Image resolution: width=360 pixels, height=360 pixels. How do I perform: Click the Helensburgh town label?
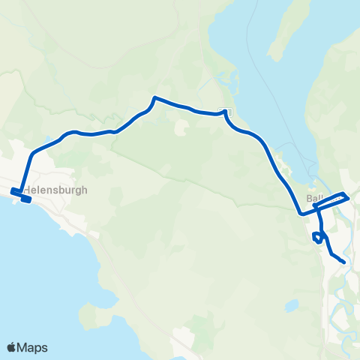coord(55,190)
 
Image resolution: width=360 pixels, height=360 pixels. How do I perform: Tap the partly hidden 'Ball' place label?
coord(313,199)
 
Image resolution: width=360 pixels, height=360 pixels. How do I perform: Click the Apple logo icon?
coord(12,347)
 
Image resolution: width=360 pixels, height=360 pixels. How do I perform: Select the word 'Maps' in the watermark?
coord(33,347)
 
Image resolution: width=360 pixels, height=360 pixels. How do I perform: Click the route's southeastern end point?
coord(343,262)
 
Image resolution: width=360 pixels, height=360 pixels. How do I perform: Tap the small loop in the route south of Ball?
coord(318,238)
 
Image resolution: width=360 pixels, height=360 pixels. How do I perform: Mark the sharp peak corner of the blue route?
coord(154,97)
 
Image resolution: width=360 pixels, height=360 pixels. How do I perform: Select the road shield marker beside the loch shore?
coord(223,112)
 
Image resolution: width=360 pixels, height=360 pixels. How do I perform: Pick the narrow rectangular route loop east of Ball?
coord(334,199)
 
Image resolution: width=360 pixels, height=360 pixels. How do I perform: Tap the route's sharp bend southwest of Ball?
coord(301,214)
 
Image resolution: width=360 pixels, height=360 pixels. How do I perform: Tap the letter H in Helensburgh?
coord(26,190)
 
